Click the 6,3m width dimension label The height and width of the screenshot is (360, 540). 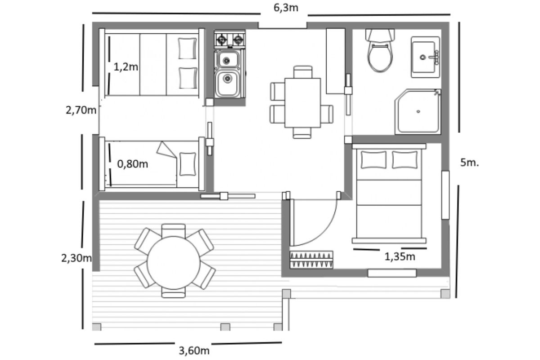click(286, 8)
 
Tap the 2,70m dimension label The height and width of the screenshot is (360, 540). click(81, 110)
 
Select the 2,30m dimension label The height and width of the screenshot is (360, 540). click(76, 258)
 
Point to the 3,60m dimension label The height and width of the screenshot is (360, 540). click(194, 351)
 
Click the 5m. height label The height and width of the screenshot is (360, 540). click(469, 163)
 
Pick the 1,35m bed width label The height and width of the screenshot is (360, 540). click(400, 257)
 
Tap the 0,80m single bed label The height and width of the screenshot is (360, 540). click(132, 164)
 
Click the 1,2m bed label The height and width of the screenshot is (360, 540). click(126, 67)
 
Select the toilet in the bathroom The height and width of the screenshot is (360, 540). click(380, 50)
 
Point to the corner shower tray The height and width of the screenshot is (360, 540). click(418, 112)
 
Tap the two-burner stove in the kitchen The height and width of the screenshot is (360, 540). click(230, 39)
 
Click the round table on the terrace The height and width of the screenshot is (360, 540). click(174, 263)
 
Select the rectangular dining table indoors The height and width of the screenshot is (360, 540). click(302, 103)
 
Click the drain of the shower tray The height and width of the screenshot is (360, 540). click(418, 112)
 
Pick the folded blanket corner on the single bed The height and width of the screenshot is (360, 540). click(166, 150)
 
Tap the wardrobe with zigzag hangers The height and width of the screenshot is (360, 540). click(311, 260)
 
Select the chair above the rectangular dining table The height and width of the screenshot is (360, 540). click(303, 72)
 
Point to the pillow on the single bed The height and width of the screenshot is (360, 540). click(188, 164)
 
